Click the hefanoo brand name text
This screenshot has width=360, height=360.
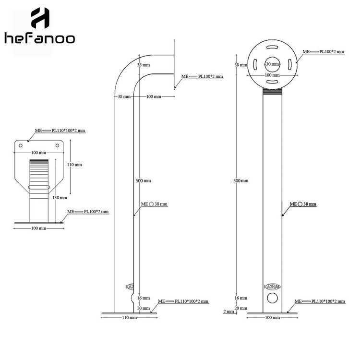pyautogui.click(x=40, y=38)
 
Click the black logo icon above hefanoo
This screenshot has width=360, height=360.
pyautogui.click(x=40, y=18)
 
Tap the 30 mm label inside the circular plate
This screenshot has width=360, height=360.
pyautogui.click(x=272, y=64)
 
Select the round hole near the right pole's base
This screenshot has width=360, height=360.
pyautogui.click(x=272, y=298)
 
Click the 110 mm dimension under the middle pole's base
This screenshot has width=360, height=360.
pyautogui.click(x=129, y=318)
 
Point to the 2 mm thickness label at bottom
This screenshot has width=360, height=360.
pyautogui.click(x=229, y=312)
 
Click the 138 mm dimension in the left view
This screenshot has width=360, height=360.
pyautogui.click(x=60, y=197)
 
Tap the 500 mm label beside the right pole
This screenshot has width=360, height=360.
pyautogui.click(x=240, y=180)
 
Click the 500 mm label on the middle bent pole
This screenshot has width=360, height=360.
pyautogui.click(x=144, y=180)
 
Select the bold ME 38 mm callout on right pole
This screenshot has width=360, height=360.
pyautogui.click(x=303, y=204)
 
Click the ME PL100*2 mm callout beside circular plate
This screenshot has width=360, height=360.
pyautogui.click(x=323, y=51)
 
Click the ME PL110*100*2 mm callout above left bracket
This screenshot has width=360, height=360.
pyautogui.click(x=60, y=130)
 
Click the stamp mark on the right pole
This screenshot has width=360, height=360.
pyautogui.click(x=272, y=287)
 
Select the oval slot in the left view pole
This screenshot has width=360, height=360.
pyautogui.click(x=39, y=187)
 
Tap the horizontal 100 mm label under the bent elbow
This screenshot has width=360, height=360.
pyautogui.click(x=154, y=96)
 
